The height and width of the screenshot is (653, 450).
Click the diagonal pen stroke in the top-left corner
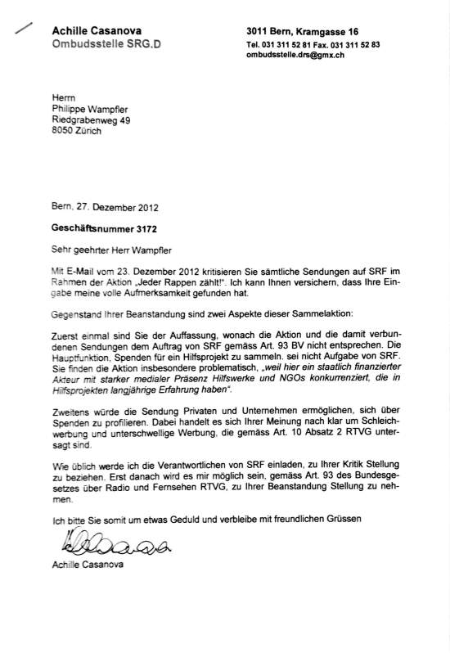[x=23, y=28]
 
